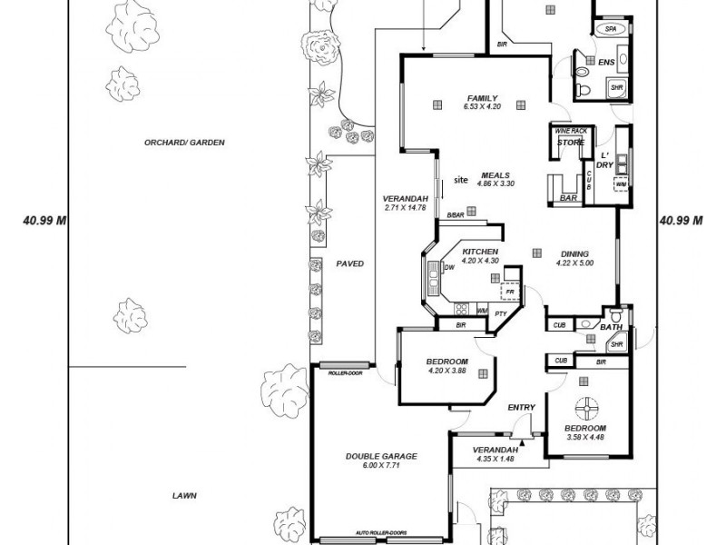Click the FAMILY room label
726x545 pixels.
[482, 98]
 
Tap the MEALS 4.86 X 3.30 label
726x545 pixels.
[495, 175]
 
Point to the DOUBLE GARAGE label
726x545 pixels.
[381, 456]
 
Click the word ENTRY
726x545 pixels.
[522, 408]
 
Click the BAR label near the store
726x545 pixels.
[569, 197]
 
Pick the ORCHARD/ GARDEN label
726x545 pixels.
[183, 143]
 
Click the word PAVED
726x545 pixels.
[349, 264]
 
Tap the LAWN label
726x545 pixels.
[185, 496]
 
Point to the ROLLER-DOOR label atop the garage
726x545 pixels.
[345, 373]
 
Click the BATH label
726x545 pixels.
[612, 327]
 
